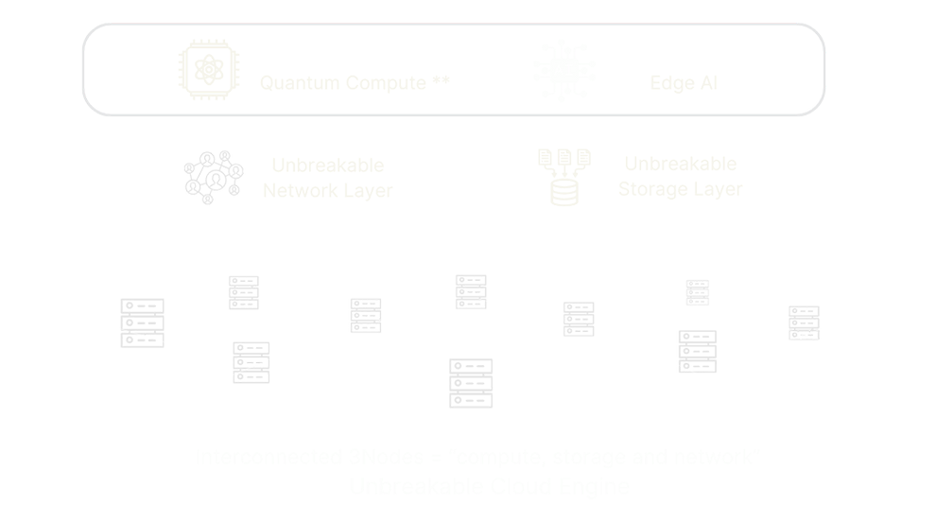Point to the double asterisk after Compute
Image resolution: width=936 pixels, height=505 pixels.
click(x=441, y=80)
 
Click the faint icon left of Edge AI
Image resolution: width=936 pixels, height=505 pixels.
click(x=563, y=70)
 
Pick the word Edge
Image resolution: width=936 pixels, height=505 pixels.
click(x=669, y=83)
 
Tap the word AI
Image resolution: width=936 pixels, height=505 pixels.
click(x=706, y=83)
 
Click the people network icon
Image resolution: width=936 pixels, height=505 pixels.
click(x=214, y=177)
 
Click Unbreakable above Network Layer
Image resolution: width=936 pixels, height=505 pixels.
click(x=327, y=165)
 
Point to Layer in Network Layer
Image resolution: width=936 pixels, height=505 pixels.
click(x=367, y=191)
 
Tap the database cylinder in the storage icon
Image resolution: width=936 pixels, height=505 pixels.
click(x=564, y=192)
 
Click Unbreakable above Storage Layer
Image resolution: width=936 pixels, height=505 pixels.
click(x=680, y=164)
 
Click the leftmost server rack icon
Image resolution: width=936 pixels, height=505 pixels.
click(x=142, y=323)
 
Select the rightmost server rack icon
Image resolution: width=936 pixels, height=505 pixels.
click(x=804, y=322)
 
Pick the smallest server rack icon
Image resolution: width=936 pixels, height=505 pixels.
click(x=698, y=292)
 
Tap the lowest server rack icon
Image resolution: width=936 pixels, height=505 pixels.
click(x=471, y=383)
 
